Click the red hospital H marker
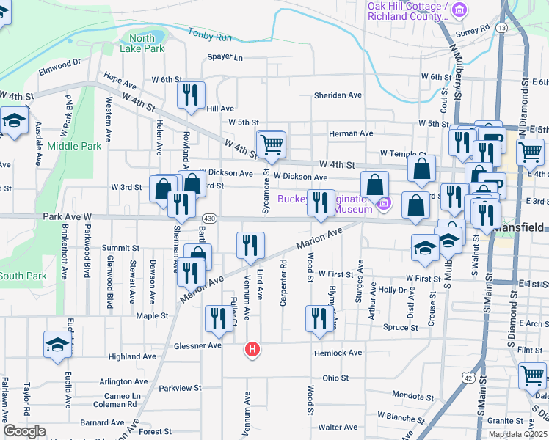click(x=252, y=350)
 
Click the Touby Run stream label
click(x=210, y=34)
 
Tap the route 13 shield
click(x=501, y=27)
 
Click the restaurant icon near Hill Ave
click(x=190, y=94)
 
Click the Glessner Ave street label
click(x=197, y=345)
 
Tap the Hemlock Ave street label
click(x=338, y=353)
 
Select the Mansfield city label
click(x=520, y=228)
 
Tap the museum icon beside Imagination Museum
click(x=382, y=202)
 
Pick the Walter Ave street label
click(x=338, y=427)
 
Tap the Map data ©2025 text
click(x=518, y=434)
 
